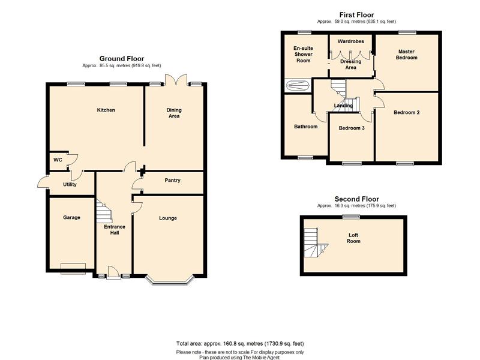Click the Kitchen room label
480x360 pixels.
106,110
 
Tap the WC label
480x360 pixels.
58,160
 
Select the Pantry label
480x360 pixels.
172,181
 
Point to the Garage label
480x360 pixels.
71,217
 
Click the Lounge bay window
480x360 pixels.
170,281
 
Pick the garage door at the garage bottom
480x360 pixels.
73,268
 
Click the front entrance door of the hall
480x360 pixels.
113,273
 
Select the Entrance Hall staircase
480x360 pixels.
104,212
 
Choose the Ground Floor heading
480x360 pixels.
122,58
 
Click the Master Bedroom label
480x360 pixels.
407,55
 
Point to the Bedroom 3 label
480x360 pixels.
352,128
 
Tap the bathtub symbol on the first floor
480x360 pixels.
298,85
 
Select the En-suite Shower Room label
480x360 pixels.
304,54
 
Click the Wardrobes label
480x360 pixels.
350,41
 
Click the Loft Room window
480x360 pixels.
351,217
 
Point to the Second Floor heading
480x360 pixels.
356,199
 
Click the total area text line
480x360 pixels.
240,343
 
